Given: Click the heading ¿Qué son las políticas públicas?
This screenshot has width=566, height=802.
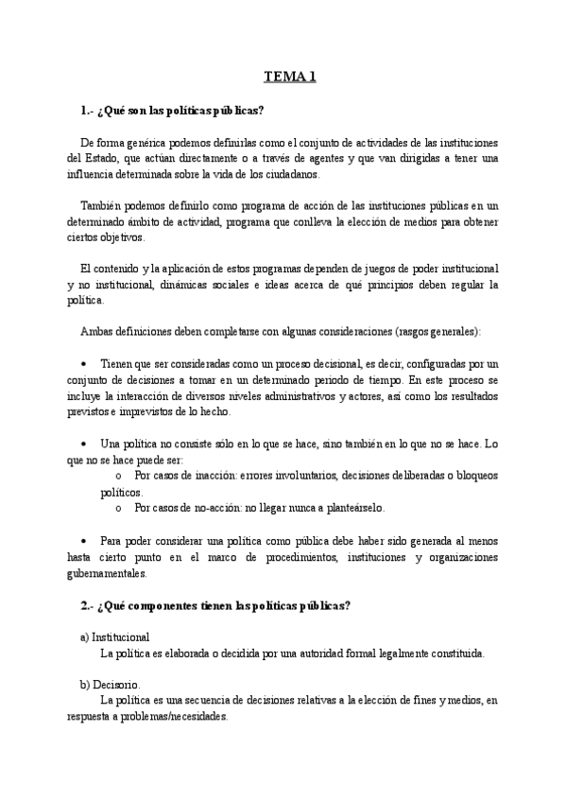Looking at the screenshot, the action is point(173,111).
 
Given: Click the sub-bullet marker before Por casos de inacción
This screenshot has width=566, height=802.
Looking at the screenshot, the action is point(118,475).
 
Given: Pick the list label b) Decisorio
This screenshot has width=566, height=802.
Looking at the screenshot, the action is point(110,684).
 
